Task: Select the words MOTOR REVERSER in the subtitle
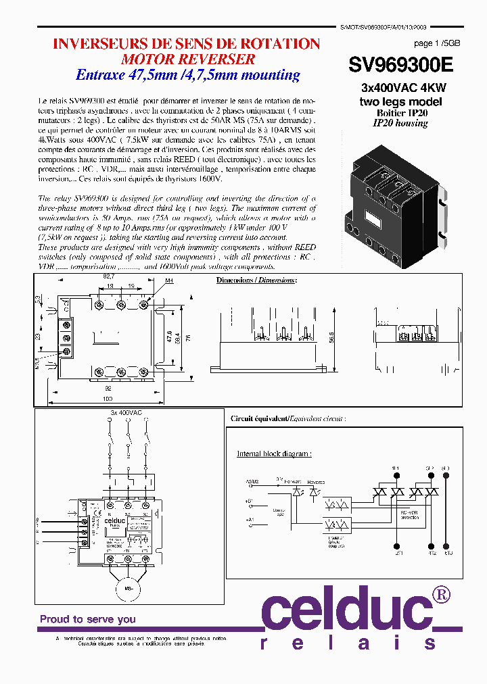coord(186,59)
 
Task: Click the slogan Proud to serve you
coord(87,619)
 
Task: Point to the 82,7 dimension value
coord(109,277)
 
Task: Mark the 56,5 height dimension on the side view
coord(331,336)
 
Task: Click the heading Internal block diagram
coord(273,454)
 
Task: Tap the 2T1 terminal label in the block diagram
coord(396,552)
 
